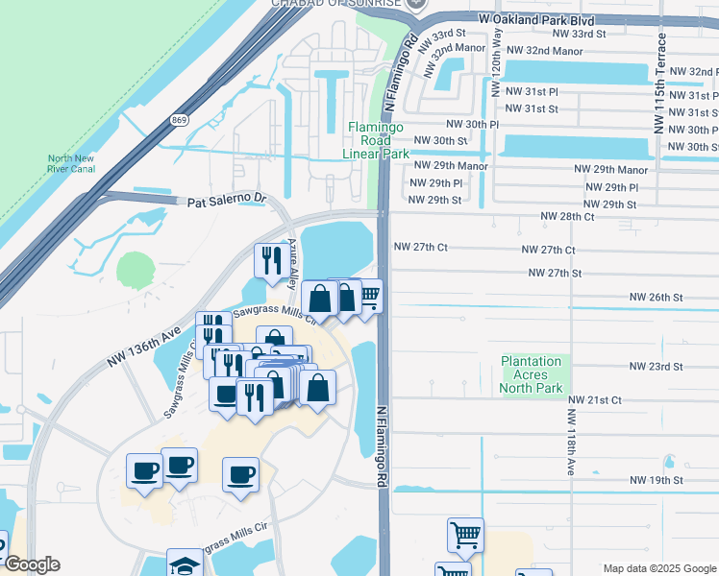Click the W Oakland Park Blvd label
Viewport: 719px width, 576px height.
point(535,19)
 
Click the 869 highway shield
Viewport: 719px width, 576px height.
point(179,120)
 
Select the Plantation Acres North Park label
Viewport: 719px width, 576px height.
point(531,375)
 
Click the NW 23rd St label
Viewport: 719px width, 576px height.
point(657,367)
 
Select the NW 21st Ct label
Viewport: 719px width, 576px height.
point(595,399)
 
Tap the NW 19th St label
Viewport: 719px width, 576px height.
point(657,480)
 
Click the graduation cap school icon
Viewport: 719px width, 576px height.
point(185,564)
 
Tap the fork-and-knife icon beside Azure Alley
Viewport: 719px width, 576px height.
point(270,258)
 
